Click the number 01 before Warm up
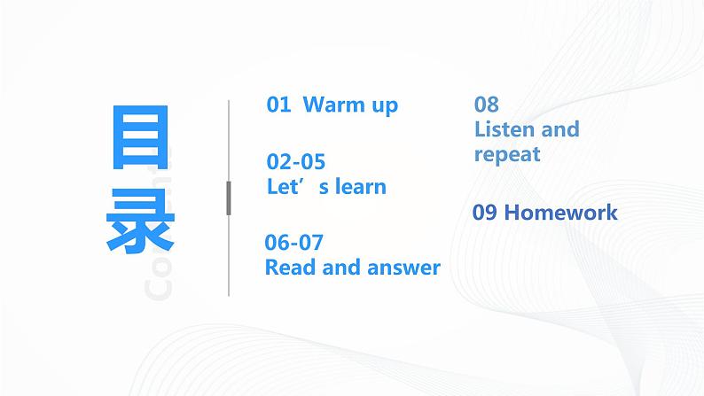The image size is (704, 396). [278, 105]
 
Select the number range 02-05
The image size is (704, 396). [296, 162]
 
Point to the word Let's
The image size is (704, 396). [289, 187]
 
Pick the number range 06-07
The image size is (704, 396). [294, 242]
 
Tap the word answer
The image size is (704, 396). [404, 268]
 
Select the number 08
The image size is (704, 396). [486, 105]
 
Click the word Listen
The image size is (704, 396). [505, 129]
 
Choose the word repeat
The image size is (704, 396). [507, 156]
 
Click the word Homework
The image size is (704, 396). [560, 213]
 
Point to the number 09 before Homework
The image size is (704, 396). [485, 213]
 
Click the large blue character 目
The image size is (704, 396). [139, 140]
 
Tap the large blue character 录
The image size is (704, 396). [139, 221]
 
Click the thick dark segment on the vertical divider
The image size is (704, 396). [229, 198]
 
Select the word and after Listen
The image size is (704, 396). [559, 129]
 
